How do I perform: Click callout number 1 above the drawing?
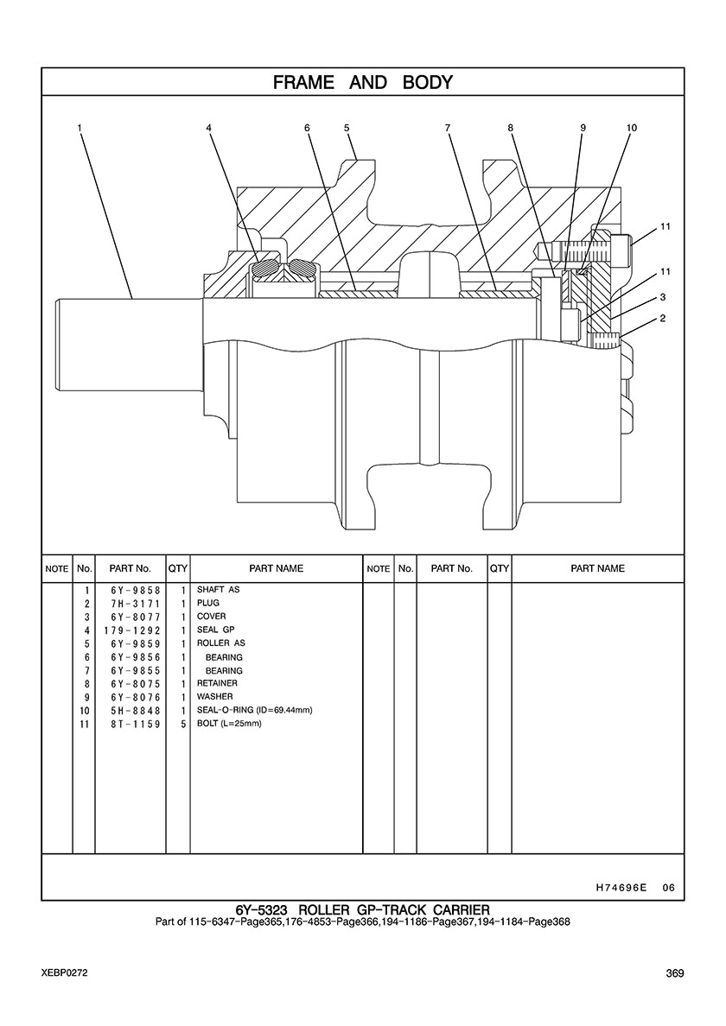tap(80, 128)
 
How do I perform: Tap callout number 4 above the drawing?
tap(208, 128)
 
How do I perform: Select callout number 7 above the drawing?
tap(448, 128)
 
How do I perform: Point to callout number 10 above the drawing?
tap(631, 128)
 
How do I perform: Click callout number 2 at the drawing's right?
tap(662, 319)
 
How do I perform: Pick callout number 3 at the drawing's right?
tap(662, 297)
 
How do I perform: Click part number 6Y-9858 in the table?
tap(137, 590)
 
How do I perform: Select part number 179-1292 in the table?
tap(137, 630)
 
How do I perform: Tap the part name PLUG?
tap(208, 603)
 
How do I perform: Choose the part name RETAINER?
tap(217, 683)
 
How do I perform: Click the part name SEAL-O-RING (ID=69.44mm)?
tap(254, 710)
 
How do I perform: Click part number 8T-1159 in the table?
tap(137, 724)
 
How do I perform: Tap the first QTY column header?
tap(178, 568)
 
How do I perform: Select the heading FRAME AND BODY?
tap(363, 82)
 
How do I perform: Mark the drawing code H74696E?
tap(621, 887)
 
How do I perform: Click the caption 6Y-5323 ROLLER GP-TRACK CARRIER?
tap(363, 909)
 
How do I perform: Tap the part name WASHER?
tap(214, 696)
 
